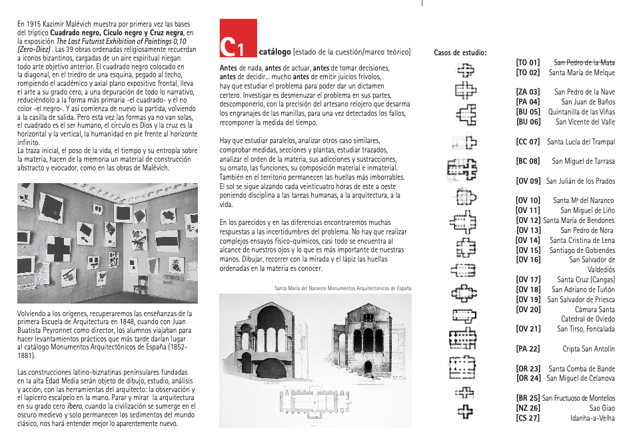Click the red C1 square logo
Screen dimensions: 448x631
[238, 39]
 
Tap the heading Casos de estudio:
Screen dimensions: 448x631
[460, 52]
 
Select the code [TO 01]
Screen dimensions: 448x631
[528, 63]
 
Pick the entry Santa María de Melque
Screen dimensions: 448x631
[582, 73]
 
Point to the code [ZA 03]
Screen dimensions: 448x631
[528, 92]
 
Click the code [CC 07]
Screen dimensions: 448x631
[528, 142]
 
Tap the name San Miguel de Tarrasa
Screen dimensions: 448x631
[583, 161]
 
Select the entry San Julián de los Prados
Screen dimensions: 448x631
[580, 181]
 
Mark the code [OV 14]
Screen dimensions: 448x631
[528, 240]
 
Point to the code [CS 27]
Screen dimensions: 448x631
[528, 417]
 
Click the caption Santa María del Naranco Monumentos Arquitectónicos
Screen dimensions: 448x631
[342, 288]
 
